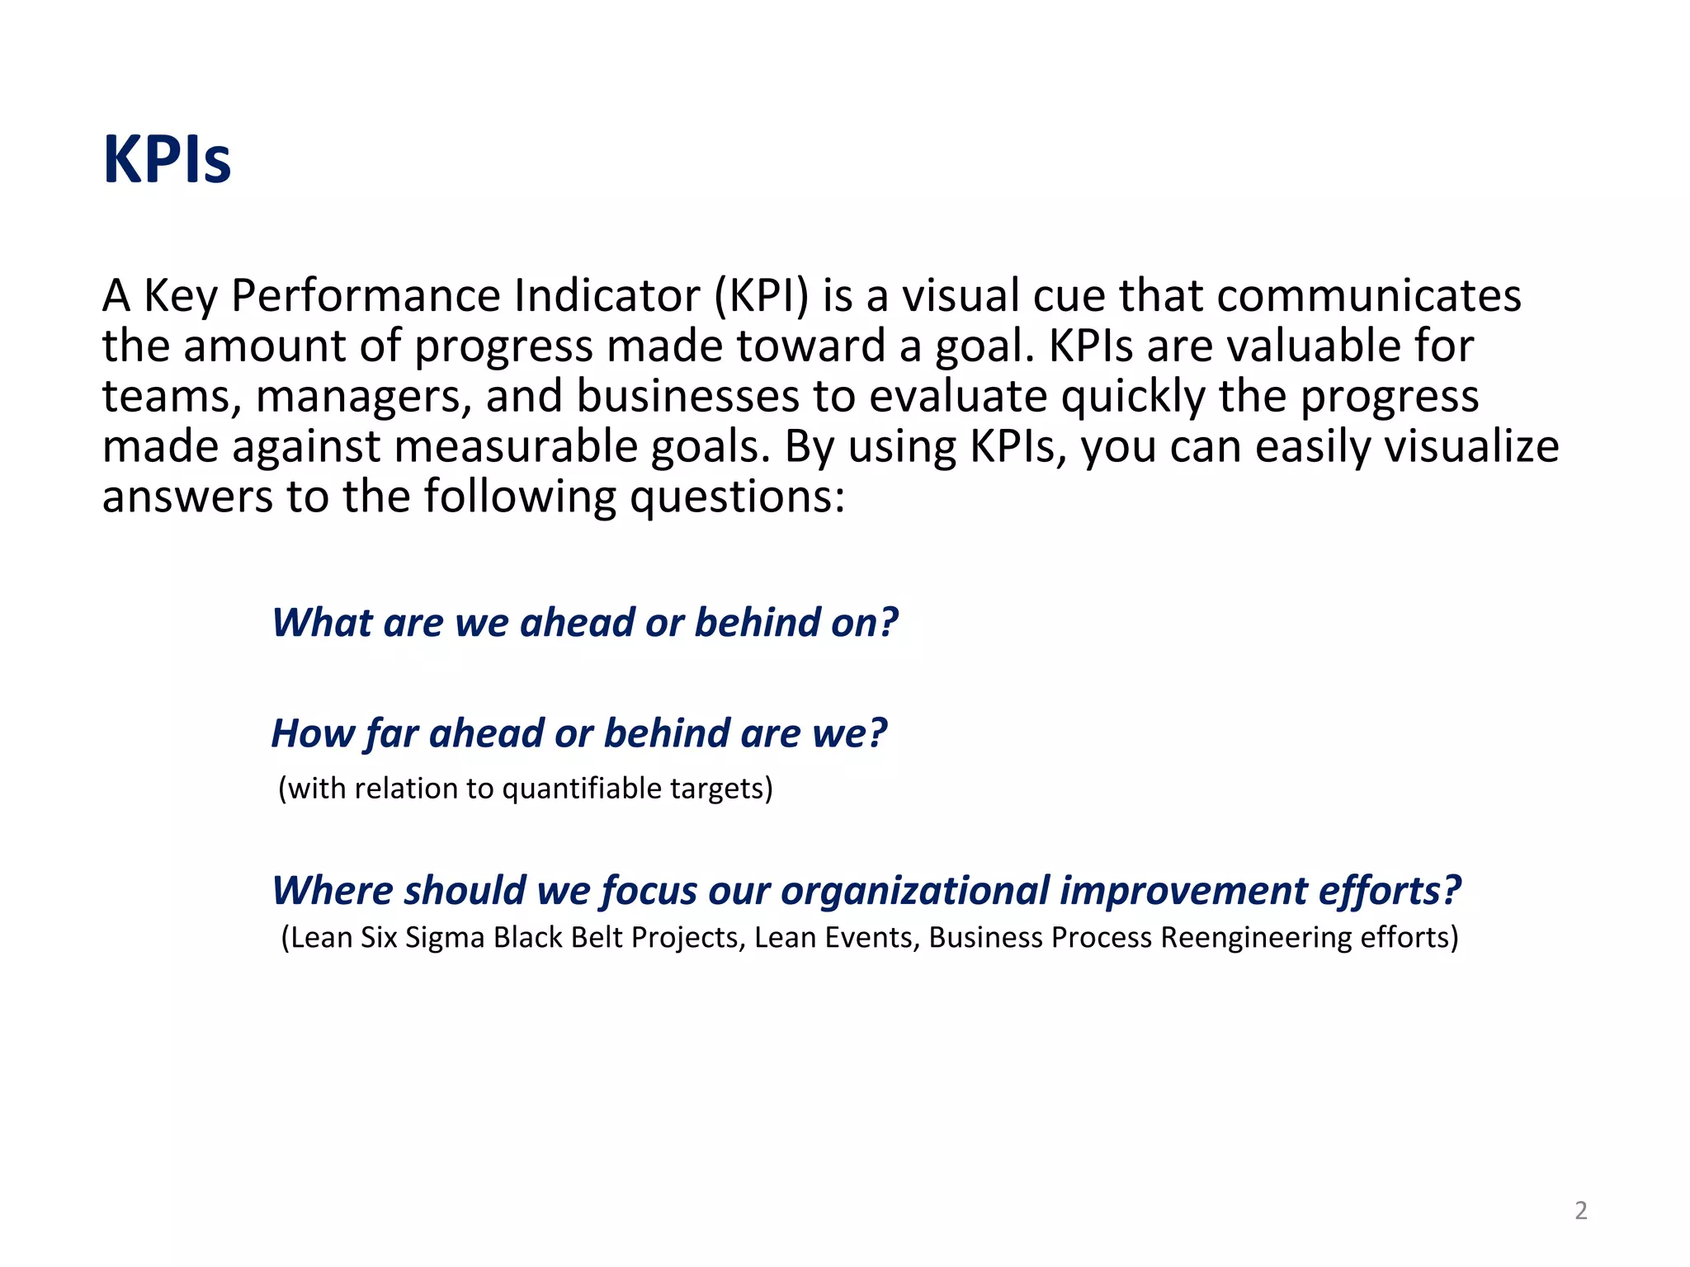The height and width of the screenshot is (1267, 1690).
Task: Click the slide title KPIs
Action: [x=167, y=159]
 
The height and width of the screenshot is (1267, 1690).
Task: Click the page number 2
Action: [x=1580, y=1210]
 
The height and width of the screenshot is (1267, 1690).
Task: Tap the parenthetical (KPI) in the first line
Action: [x=762, y=295]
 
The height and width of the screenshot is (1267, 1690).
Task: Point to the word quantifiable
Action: [x=582, y=789]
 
